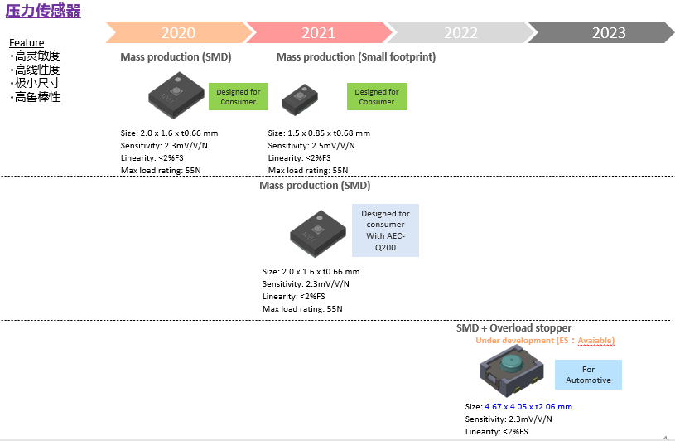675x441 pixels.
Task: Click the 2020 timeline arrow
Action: click(178, 32)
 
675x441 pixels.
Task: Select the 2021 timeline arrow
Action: click(318, 32)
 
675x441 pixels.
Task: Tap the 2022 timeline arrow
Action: click(460, 32)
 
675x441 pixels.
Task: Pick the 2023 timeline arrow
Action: click(608, 32)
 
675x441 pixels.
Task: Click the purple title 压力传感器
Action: click(44, 10)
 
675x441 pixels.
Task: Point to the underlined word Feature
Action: click(27, 43)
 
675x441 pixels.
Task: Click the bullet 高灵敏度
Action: click(37, 56)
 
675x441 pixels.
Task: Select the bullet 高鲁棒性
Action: click(37, 97)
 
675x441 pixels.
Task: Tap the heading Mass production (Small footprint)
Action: click(355, 57)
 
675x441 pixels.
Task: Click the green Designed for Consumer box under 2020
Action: click(238, 97)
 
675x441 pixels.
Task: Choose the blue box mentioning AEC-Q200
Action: click(385, 230)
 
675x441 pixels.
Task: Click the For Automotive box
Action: click(588, 375)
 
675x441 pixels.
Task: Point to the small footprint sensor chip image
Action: click(299, 99)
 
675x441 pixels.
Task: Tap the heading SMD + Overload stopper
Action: click(513, 328)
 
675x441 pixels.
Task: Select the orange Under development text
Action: click(544, 341)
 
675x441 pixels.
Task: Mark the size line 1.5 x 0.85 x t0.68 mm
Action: click(319, 133)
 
